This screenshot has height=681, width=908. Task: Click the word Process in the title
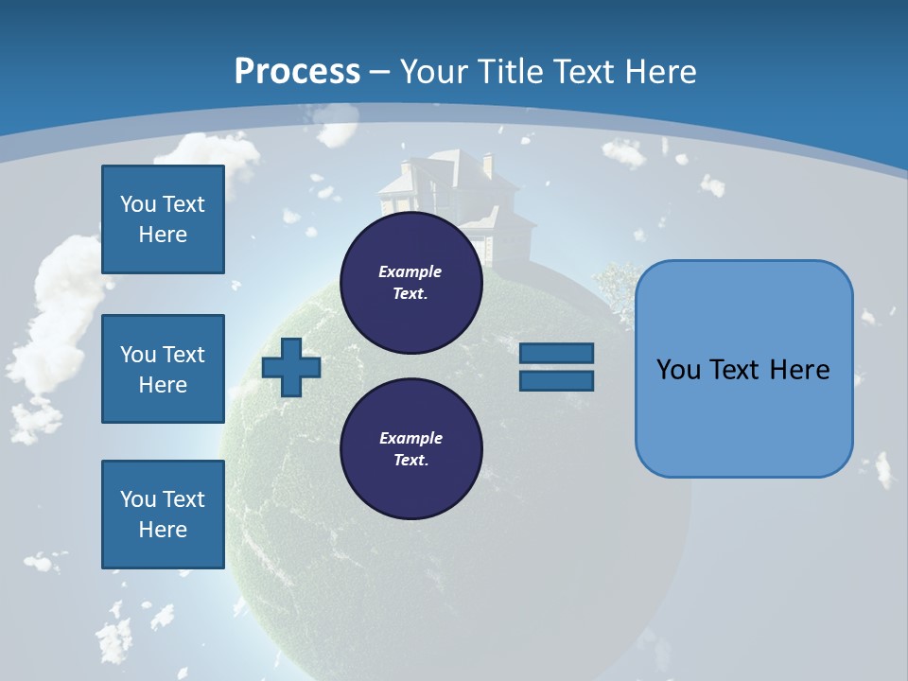(297, 71)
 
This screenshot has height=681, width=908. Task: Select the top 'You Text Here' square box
(163, 219)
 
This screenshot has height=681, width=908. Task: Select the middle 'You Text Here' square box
(163, 369)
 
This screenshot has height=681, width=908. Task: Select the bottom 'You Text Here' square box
(163, 514)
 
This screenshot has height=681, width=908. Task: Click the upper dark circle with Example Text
(410, 283)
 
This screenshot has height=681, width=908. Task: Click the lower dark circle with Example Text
(410, 449)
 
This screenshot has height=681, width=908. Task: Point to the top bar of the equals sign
(556, 354)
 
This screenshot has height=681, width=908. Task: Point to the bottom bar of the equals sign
(556, 380)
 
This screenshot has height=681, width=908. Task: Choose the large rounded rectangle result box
(743, 369)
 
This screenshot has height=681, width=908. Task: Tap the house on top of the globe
(454, 199)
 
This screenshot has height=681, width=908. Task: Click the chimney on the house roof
(487, 166)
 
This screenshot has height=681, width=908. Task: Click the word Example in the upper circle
(410, 271)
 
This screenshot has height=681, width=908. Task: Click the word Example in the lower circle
(410, 438)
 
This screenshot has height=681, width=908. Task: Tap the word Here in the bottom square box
(163, 530)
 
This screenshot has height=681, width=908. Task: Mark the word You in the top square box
(138, 204)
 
